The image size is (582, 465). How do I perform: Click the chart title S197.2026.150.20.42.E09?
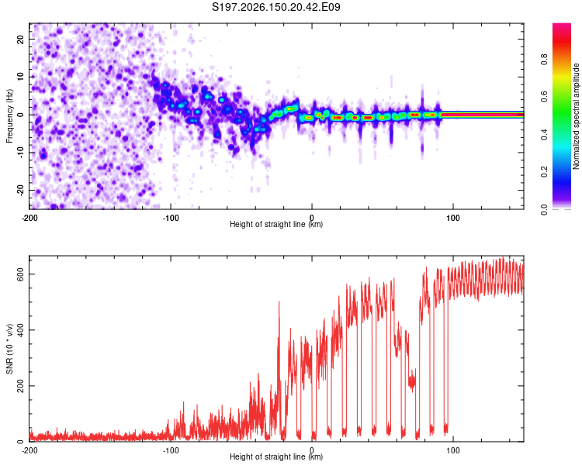[x=275, y=7]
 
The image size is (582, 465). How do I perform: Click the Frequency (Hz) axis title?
[x=9, y=116]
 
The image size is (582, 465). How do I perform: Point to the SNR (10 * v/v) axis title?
[x=9, y=349]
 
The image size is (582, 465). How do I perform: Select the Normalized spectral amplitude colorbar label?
[x=576, y=116]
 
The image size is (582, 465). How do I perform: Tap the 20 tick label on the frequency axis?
[x=20, y=39]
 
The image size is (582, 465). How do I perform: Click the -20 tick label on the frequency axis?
[x=20, y=190]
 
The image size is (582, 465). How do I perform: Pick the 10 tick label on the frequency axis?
[x=20, y=77]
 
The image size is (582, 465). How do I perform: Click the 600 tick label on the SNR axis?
[x=20, y=274]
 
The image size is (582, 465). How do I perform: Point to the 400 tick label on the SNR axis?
[x=20, y=329]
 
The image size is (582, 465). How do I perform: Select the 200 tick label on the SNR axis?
[x=20, y=386]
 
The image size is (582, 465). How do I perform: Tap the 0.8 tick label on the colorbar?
[x=544, y=60]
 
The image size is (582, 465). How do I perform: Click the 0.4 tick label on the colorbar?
[x=544, y=134]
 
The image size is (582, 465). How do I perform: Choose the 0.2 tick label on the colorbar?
[x=544, y=172]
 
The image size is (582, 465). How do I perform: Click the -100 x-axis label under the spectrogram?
[x=171, y=218]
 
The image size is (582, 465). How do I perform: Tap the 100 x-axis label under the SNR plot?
[x=453, y=450]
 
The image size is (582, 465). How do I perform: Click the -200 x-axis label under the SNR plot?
[x=29, y=450]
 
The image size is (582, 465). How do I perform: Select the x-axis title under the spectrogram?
[x=276, y=224]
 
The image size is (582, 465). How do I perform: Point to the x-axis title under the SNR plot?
[x=276, y=456]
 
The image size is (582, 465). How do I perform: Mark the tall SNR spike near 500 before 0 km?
[x=279, y=302]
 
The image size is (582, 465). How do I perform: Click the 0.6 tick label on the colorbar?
[x=544, y=97]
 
